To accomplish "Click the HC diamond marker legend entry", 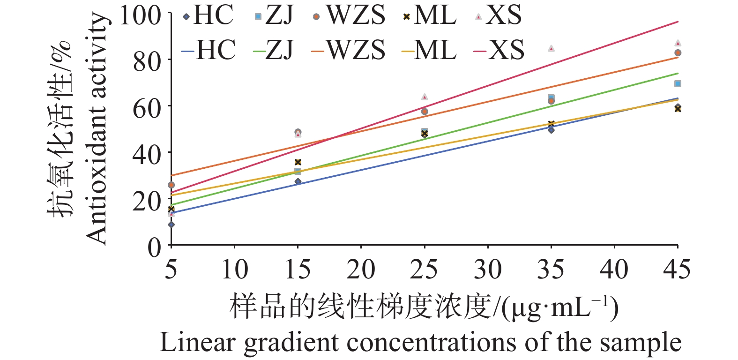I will pos(206,16).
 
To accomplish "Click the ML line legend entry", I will pos(429,50).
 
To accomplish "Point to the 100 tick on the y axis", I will pos(140,15).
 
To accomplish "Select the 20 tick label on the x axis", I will pos(361,270).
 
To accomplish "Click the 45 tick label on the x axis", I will pos(677,270).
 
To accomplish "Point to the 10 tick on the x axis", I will pos(234,270).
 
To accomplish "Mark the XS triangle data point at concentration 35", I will pos(551,48).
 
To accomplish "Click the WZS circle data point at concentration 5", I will pos(171,185).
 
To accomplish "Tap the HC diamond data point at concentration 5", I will pos(171,225).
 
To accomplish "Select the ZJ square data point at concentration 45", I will pos(678,84).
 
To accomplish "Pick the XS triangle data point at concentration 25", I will pos(425,97).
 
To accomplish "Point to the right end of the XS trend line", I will pos(678,22).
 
